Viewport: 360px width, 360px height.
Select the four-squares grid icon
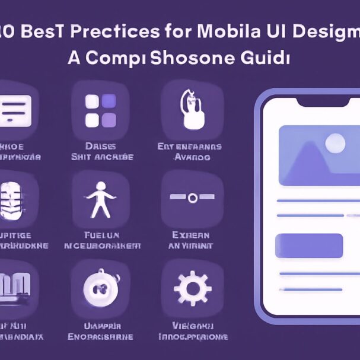(x=101, y=110)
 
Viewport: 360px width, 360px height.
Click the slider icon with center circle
(x=192, y=198)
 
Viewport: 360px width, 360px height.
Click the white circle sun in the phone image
(x=336, y=143)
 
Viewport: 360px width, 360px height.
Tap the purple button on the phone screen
(x=310, y=246)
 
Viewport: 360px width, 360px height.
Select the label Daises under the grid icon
(x=101, y=146)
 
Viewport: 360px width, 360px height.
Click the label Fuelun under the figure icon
(x=101, y=235)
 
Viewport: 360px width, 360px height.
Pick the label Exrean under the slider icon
(x=190, y=235)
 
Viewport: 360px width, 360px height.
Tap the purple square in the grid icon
(x=109, y=120)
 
